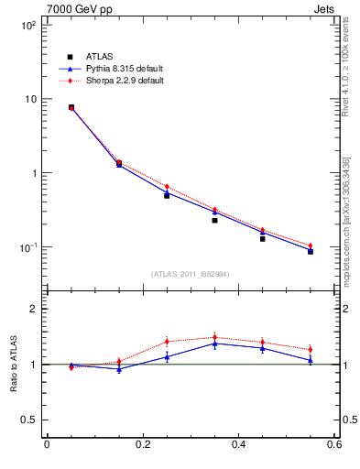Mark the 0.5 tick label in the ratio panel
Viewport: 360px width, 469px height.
tap(29, 420)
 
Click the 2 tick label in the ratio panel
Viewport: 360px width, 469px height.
tap(33, 309)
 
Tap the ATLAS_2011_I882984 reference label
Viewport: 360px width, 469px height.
tap(191, 274)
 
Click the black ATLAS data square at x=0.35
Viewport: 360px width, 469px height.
tap(214, 220)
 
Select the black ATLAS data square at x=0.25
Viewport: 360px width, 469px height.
tap(167, 195)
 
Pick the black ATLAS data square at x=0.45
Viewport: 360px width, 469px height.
tap(262, 238)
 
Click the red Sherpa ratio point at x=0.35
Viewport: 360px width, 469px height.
tap(214, 337)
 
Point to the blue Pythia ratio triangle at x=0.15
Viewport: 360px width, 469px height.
tap(119, 368)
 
